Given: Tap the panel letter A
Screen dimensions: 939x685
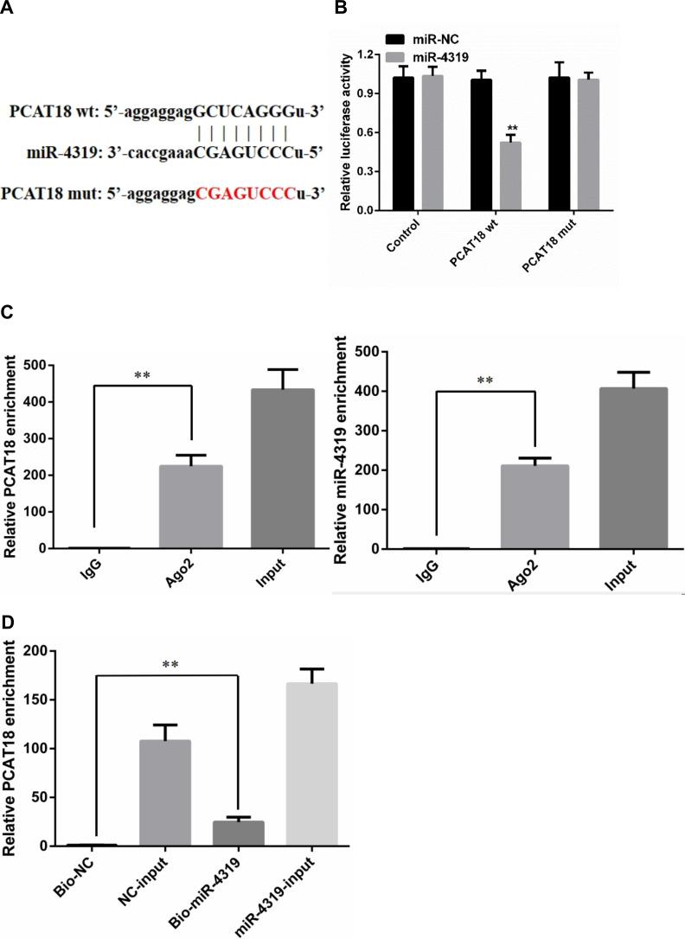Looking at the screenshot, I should coord(7,9).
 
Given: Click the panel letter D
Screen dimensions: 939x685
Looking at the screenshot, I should coord(7,620).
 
